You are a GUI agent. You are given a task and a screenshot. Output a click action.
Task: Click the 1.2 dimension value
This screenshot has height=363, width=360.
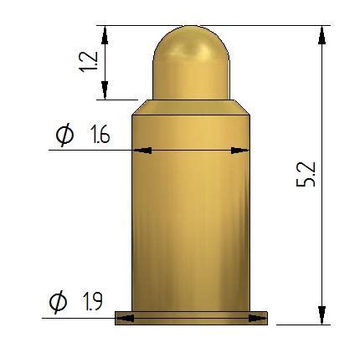pyautogui.click(x=88, y=62)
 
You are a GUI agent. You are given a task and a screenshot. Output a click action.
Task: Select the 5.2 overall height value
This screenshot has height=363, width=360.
pyautogui.click(x=306, y=174)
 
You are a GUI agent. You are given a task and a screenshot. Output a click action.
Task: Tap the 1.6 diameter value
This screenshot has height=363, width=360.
pyautogui.click(x=98, y=135)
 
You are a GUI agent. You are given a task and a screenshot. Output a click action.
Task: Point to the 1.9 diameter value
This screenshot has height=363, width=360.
pyautogui.click(x=92, y=301)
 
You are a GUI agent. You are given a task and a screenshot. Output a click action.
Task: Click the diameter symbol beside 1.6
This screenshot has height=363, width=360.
pyautogui.click(x=65, y=135)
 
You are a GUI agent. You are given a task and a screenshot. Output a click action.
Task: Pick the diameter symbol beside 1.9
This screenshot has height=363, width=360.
pyautogui.click(x=59, y=302)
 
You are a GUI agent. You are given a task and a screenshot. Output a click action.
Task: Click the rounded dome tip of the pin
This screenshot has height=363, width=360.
pyautogui.click(x=191, y=44)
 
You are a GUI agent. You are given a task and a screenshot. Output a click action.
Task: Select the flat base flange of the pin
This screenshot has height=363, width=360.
pyautogui.click(x=191, y=318)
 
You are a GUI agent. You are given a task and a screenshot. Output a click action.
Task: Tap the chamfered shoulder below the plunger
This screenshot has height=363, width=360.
pyautogui.click(x=191, y=107)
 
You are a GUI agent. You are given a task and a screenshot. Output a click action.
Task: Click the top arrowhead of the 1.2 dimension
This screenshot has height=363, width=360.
pyautogui.click(x=105, y=35)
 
